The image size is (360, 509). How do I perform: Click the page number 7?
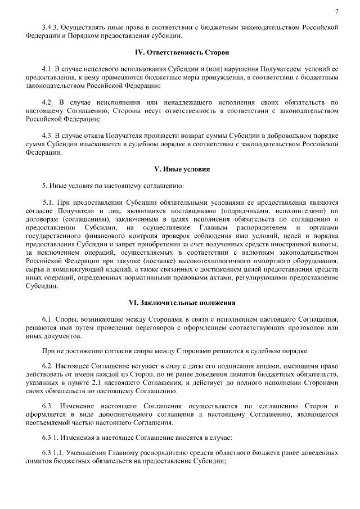[x=336, y=12]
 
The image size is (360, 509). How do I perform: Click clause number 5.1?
[x=50, y=202]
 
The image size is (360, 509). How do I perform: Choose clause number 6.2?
[x=49, y=366]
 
